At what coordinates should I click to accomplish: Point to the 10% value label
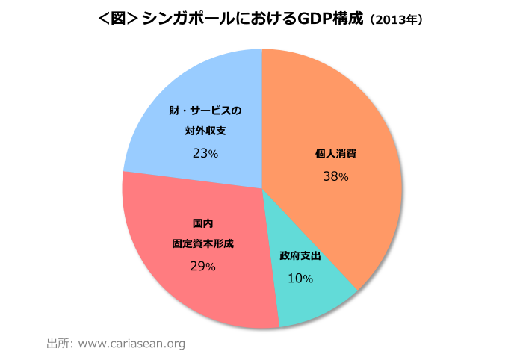(300, 278)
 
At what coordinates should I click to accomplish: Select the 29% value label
(202, 266)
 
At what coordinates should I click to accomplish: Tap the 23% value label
(205, 153)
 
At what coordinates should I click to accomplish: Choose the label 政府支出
(300, 255)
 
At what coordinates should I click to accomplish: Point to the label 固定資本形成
(202, 244)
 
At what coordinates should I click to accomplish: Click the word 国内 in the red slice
(202, 223)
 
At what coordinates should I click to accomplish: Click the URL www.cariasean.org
(131, 344)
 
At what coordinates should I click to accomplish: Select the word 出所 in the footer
(57, 344)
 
